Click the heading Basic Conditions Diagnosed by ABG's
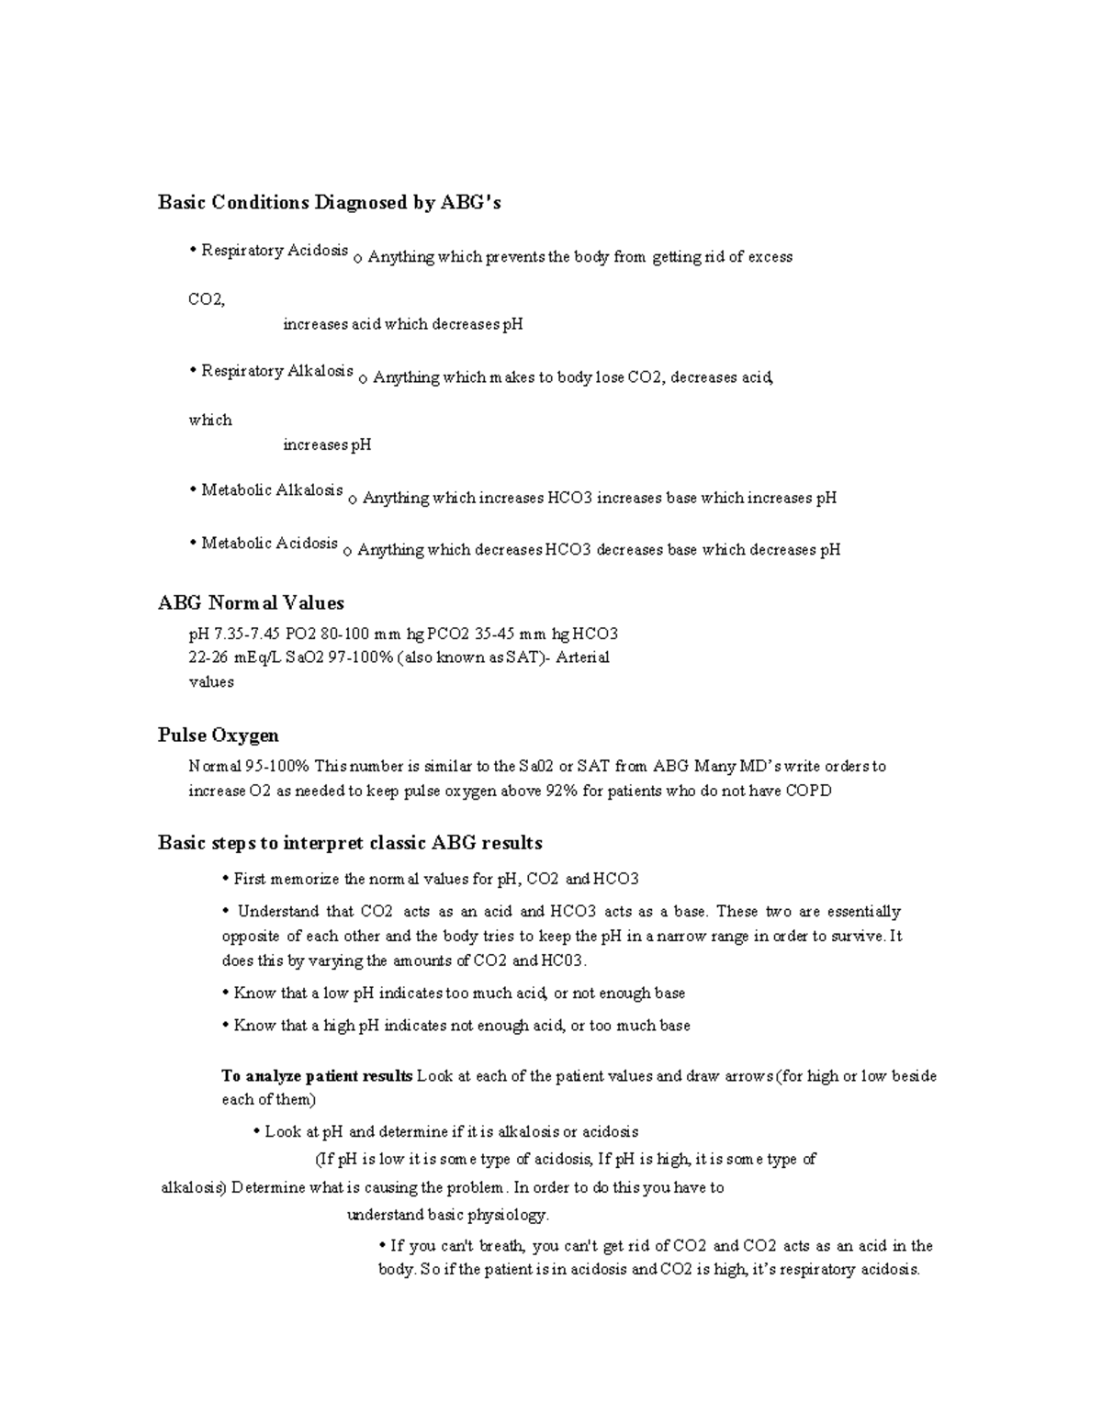coord(329,203)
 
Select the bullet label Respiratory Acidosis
coord(275,251)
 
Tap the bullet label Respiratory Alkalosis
coord(277,371)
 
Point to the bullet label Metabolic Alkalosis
coord(272,490)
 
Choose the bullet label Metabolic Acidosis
coord(270,544)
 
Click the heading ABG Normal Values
coord(251,603)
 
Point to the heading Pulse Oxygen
coord(218,735)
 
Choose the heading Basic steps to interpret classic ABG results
coord(350,843)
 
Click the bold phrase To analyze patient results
coord(317,1076)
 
